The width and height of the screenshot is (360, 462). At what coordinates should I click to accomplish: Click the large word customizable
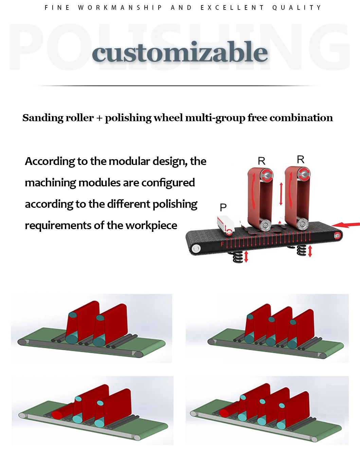180,52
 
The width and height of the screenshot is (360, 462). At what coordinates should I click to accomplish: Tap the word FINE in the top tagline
57,7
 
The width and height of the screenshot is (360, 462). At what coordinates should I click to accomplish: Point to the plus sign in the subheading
99,118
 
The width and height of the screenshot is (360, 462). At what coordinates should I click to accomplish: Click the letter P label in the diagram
223,207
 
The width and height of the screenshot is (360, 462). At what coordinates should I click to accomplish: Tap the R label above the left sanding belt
262,161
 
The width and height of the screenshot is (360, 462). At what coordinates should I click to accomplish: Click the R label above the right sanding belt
301,160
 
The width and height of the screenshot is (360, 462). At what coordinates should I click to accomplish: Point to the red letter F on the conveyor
222,244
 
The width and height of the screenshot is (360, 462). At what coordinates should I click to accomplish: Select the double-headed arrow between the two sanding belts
281,194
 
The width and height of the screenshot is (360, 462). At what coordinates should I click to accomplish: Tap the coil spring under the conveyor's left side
238,257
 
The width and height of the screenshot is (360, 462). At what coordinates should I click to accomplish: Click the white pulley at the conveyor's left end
196,249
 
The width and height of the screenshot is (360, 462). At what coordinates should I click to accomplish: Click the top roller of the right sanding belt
303,175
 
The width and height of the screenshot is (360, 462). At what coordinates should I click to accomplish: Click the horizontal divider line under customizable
177,86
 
